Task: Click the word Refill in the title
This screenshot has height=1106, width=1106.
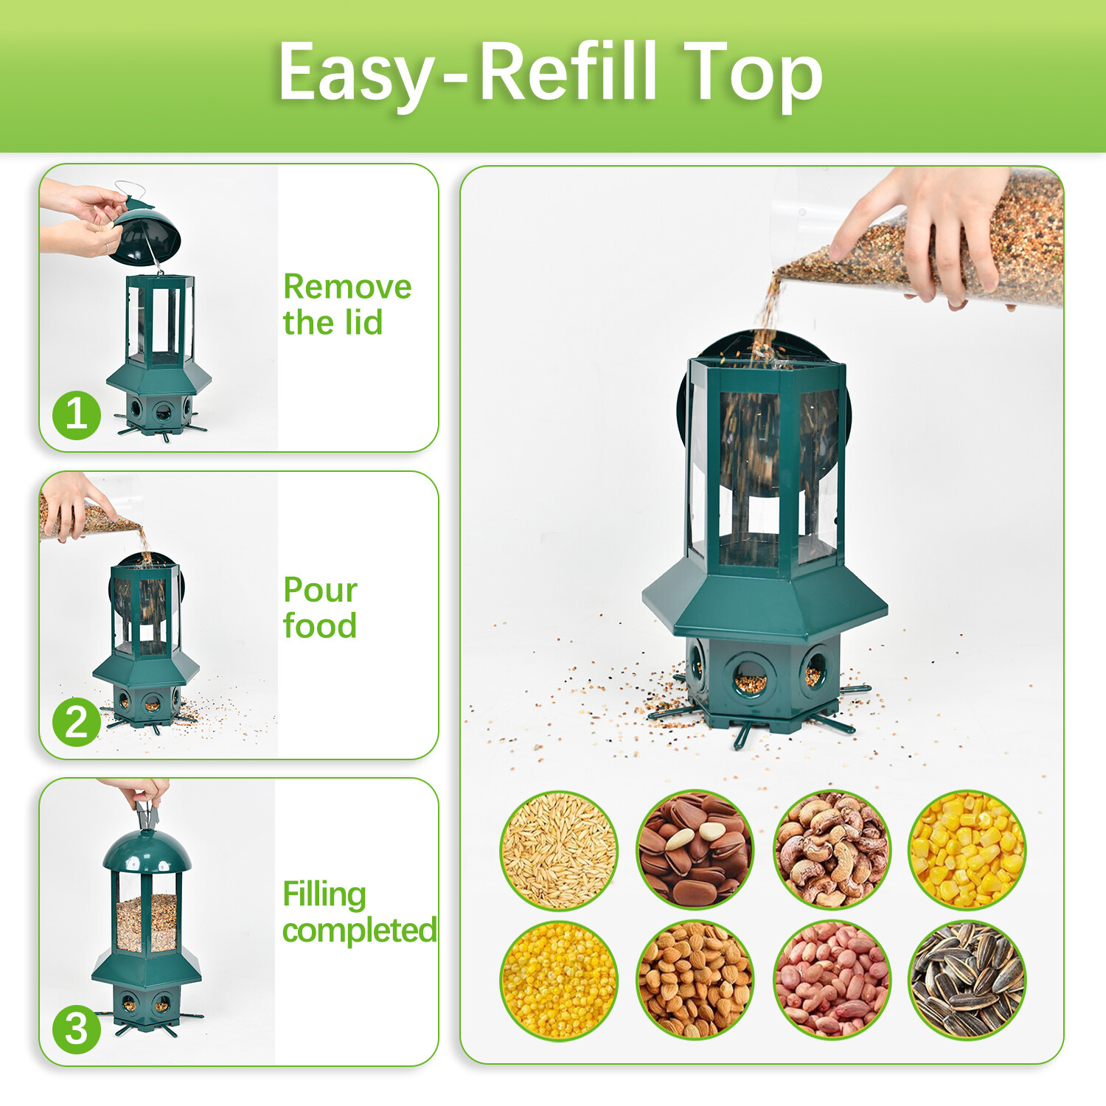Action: tap(567, 72)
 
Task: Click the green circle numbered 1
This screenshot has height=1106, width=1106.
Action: tap(77, 414)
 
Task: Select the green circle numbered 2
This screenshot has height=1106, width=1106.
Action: tap(77, 722)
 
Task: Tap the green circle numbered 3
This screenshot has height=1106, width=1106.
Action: tap(77, 1029)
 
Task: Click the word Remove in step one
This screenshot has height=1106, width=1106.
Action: tap(347, 287)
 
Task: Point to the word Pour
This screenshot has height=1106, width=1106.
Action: tap(320, 590)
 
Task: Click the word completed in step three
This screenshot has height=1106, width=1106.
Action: tap(359, 931)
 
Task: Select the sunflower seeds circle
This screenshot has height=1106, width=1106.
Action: tap(967, 980)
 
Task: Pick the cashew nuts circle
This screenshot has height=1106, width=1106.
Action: tap(832, 849)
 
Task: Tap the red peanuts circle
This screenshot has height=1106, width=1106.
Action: tap(832, 980)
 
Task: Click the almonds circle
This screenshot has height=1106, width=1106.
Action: tap(695, 980)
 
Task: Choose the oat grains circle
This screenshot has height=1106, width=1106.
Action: tap(559, 849)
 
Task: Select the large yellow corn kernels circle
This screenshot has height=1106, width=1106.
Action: tap(967, 849)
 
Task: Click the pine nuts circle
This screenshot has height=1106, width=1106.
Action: tap(695, 849)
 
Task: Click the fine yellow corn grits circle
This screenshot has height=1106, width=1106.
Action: tap(559, 980)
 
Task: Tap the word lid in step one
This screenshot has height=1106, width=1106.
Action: tap(365, 323)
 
